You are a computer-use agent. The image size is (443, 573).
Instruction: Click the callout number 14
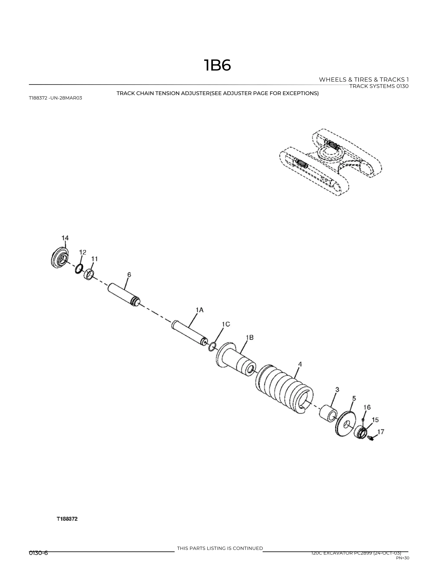pos(65,238)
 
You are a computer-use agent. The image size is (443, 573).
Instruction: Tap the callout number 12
pos(83,252)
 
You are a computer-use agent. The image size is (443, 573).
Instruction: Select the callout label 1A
pos(199,310)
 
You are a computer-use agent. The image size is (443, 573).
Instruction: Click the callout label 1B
pos(250,337)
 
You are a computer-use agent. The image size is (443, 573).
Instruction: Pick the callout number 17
pos(380,432)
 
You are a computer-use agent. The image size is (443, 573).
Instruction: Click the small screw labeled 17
pos(370,438)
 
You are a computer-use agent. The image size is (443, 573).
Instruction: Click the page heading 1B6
pos(217,65)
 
